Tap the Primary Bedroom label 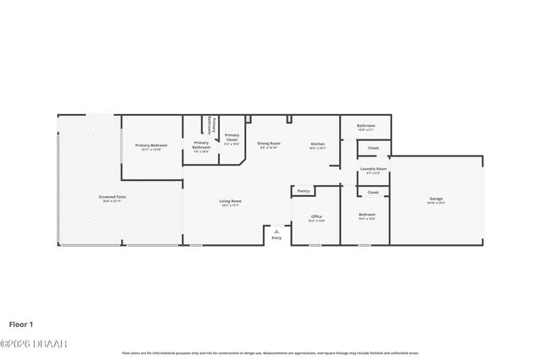point(152,145)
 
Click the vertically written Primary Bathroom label point(213,125)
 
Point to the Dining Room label point(269,144)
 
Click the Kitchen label point(317,144)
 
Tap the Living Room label point(231,200)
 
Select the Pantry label point(303,191)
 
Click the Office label point(316,216)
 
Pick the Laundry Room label point(373,168)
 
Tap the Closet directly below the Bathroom point(373,148)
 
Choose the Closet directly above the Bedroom point(373,192)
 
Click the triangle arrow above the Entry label point(276,231)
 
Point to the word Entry point(276,237)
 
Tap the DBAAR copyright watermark point(34,344)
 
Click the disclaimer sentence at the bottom point(270,353)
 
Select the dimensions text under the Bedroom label point(367,219)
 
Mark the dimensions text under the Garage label point(435,204)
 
